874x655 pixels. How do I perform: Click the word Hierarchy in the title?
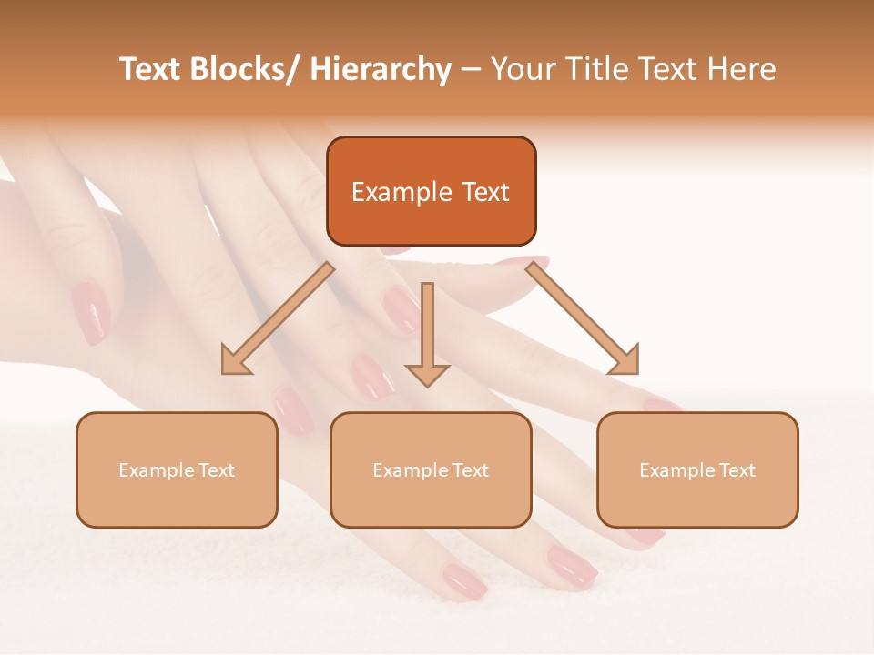pyautogui.click(x=381, y=70)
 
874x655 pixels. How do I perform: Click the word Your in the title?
pyautogui.click(x=522, y=70)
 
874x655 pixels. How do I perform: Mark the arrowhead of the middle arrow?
pyautogui.click(x=427, y=374)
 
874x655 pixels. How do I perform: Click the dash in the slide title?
pyautogui.click(x=471, y=70)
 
